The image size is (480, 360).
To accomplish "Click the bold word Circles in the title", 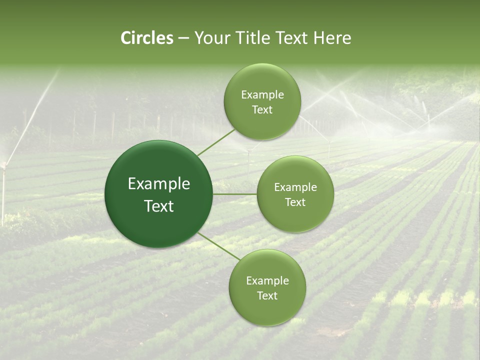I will (146, 38).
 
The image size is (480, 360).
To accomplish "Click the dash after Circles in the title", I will (183, 38).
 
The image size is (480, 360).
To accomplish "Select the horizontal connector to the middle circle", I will (234, 194).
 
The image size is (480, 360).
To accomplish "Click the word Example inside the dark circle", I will (159, 184).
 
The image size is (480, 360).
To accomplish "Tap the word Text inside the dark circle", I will (159, 206).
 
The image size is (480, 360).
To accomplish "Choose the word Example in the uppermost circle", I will (262, 95).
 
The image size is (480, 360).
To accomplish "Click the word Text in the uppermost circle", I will (262, 110).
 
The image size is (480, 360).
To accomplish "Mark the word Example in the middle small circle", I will (295, 187).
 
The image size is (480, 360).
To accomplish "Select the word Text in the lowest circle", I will (267, 295).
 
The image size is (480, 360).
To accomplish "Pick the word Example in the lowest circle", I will (267, 281).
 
